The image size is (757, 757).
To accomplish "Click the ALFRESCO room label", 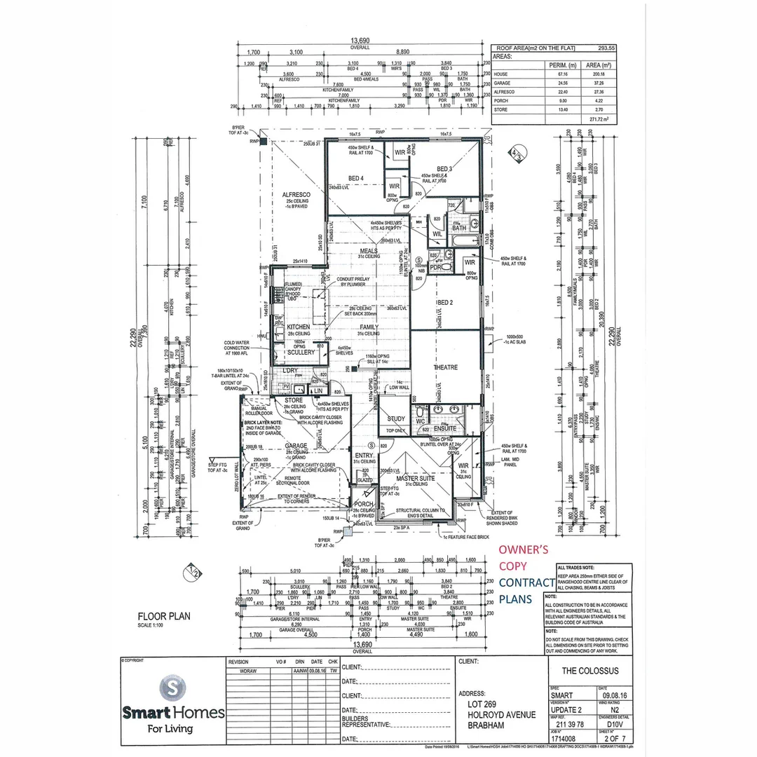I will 296,195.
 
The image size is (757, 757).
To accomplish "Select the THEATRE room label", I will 446,367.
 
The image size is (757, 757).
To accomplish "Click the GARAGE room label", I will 295,446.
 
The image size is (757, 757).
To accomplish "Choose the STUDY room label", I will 396,419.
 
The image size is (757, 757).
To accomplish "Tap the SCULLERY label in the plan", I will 301,353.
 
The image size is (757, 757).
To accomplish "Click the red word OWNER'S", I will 523,552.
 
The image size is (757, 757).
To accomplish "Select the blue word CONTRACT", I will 526,582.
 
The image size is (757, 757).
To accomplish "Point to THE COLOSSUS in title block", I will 591,670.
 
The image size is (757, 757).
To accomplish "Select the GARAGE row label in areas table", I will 502,83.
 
